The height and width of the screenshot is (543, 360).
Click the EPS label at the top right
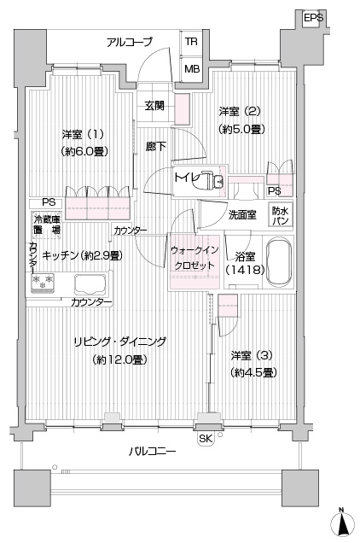(x=314, y=18)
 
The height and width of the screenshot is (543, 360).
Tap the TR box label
(x=191, y=42)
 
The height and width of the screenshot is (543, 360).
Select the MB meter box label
(x=192, y=69)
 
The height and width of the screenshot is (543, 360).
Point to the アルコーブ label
(x=130, y=42)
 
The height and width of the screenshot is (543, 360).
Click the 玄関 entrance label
(x=154, y=106)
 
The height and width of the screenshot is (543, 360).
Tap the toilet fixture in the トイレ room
(x=212, y=180)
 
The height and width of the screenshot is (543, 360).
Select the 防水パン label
(x=281, y=216)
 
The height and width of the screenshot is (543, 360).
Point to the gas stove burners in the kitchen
(x=43, y=282)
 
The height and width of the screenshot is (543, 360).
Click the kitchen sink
(x=90, y=284)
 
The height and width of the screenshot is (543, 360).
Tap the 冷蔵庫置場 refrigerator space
(x=47, y=225)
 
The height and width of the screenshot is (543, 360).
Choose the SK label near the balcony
(x=206, y=439)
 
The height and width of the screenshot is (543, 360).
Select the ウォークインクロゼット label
(x=195, y=258)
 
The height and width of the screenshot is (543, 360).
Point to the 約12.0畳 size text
(x=120, y=359)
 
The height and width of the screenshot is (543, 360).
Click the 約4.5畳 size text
(x=253, y=372)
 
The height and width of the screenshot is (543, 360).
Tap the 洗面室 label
(x=242, y=214)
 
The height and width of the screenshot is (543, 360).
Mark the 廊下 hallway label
(x=155, y=147)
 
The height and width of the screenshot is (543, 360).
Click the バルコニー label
(x=153, y=452)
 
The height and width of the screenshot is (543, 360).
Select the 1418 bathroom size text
(x=245, y=270)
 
